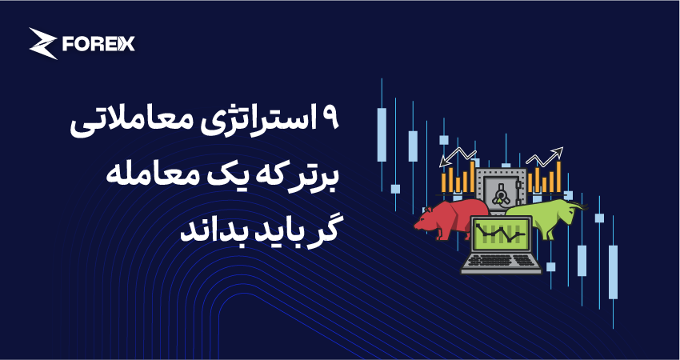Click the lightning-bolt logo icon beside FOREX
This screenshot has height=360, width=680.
point(42,43)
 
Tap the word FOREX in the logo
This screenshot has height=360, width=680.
point(98,44)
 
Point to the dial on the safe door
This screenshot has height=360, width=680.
point(501,193)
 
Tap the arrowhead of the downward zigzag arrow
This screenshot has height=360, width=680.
point(444,162)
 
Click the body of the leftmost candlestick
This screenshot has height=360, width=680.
point(382,134)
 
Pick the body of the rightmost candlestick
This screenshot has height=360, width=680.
point(613,272)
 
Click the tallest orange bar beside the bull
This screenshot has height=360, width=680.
point(559,177)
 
